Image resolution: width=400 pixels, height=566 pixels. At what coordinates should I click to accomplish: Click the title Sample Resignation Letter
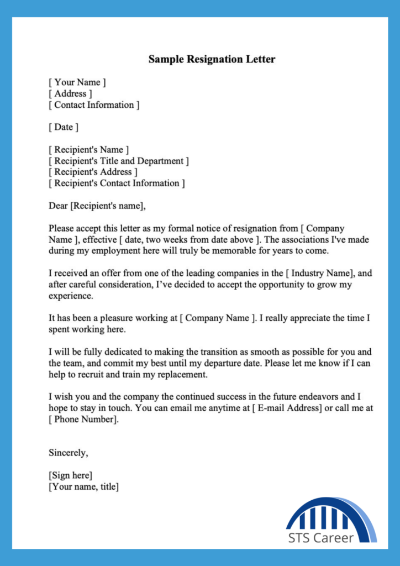point(212,59)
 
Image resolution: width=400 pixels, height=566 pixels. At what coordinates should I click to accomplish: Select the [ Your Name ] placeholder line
point(77,82)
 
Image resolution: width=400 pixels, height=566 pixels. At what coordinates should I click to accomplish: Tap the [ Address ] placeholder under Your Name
point(70,93)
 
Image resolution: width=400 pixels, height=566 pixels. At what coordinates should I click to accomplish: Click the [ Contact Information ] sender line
point(94,104)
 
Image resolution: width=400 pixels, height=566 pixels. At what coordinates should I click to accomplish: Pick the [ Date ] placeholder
point(64,127)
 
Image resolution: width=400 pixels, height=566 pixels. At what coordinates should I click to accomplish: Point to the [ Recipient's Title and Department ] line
point(119,161)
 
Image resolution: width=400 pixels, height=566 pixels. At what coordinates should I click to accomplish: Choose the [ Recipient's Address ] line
point(93,172)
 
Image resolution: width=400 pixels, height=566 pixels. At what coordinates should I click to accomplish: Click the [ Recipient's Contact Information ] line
point(117,183)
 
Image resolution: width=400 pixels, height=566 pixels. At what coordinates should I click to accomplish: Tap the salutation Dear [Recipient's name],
point(97,206)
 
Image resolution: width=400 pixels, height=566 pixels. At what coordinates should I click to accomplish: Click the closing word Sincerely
point(68,453)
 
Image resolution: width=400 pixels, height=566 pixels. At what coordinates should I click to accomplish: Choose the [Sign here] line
point(71,475)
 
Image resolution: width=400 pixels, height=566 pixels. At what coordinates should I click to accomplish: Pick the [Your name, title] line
point(84,486)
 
